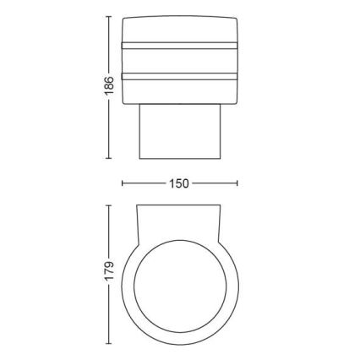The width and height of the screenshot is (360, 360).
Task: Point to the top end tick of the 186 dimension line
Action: coord(107,16)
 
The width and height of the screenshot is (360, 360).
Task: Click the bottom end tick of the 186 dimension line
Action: coord(107,157)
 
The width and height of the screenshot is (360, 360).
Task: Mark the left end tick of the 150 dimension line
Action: coord(123,183)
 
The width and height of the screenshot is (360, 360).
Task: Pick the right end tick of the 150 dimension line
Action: coord(237,183)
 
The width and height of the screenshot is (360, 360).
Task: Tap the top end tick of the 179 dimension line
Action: coord(107,204)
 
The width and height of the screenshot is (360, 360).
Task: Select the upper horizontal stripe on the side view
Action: coord(180,43)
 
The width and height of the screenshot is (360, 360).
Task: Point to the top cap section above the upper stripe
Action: coord(180,28)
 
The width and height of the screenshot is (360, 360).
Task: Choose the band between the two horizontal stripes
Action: coord(180,60)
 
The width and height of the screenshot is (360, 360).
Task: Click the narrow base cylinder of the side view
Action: coord(180,132)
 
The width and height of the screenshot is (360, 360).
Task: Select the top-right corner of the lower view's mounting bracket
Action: coord(223,205)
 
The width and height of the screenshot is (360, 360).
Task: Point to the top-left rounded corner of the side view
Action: coord(125,19)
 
